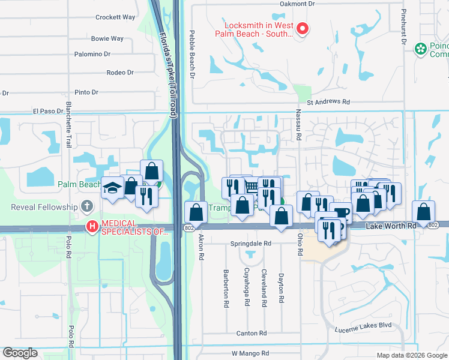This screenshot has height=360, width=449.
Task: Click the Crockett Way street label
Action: point(116,17)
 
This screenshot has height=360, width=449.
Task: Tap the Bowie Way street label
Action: point(107,38)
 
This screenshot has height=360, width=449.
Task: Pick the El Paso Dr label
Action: point(48,111)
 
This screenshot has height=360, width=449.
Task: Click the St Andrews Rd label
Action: point(328,102)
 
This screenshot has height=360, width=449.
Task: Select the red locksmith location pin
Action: point(303,28)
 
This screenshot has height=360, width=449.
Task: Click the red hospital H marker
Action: point(92,227)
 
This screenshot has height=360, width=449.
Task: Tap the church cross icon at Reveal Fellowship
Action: point(87,207)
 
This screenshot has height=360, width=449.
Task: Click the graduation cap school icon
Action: point(112,187)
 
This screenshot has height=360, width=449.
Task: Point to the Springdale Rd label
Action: point(251,244)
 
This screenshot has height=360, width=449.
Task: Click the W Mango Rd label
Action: point(252,354)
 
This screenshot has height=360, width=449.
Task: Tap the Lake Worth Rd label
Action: point(391,225)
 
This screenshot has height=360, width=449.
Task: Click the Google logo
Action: point(20,353)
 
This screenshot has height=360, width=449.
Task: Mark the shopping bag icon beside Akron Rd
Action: point(196,212)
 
